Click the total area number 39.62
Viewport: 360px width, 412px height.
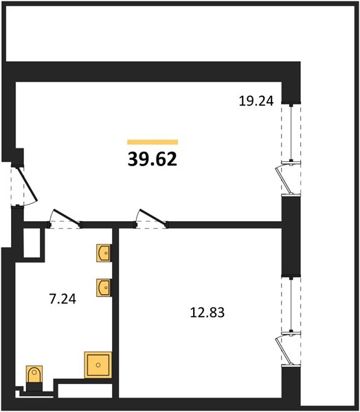tap(153, 159)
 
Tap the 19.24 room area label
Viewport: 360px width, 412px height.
tap(256, 101)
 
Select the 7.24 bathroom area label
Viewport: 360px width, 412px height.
tap(63, 299)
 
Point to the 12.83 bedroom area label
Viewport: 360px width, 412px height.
tap(207, 312)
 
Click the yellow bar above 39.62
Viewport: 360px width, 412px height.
tap(153, 142)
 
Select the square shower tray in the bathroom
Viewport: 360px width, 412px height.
tap(98, 365)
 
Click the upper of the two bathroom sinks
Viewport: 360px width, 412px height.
tap(104, 253)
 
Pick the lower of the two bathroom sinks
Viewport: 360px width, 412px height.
tap(104, 288)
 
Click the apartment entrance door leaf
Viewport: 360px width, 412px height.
tap(27, 184)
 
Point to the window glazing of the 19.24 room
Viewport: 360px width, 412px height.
tap(291, 132)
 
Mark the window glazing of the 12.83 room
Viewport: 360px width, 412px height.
tap(291, 304)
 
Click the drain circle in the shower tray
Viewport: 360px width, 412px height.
tap(98, 365)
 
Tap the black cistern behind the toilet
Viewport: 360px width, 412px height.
tap(34, 387)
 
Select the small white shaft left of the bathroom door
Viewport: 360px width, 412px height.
tap(32, 243)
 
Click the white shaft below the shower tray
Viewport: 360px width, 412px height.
tap(85, 391)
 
